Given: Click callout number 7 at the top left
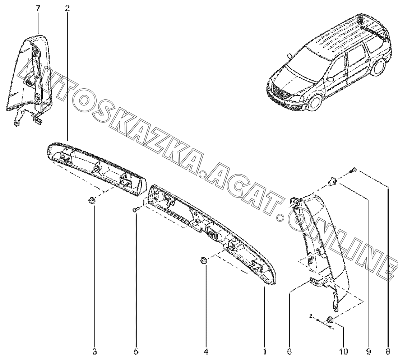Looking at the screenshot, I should [x=38, y=9].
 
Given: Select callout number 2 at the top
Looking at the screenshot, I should [x=68, y=9].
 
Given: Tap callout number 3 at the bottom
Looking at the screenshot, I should [x=94, y=352].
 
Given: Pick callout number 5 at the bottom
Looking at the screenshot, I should [x=136, y=352].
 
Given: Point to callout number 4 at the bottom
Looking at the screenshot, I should [x=206, y=352].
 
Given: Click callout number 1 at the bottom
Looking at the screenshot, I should [x=264, y=352].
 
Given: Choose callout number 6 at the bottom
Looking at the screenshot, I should [x=290, y=352].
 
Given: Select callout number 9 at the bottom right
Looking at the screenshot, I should [x=369, y=352].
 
